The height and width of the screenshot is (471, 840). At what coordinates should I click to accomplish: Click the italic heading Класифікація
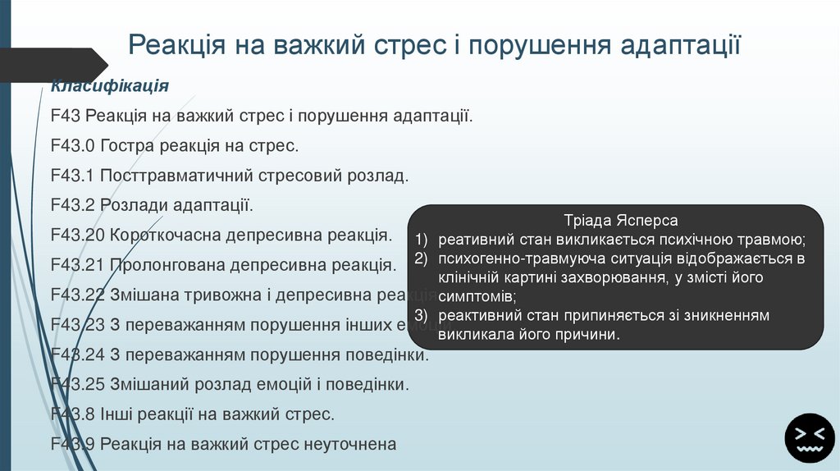point(110,86)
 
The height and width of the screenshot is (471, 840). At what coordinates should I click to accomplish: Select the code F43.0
point(72,146)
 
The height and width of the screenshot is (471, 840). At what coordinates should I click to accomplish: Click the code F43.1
point(72,176)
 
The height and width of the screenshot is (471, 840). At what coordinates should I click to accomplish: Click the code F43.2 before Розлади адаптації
point(72,205)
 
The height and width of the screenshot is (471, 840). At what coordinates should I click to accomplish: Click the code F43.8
point(72,414)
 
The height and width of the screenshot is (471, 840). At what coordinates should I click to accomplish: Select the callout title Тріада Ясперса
point(620,221)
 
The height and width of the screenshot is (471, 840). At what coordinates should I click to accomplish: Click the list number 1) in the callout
point(422,240)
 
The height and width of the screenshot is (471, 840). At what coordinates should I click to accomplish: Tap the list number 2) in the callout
point(422,259)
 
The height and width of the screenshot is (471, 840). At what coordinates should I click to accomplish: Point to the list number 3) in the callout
point(422,316)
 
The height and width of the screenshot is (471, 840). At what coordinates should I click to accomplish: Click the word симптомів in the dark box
point(475,296)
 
